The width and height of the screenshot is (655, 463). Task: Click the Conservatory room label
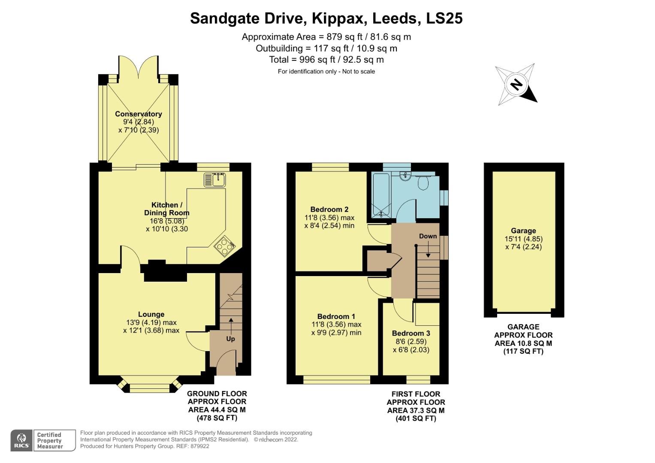click(x=138, y=114)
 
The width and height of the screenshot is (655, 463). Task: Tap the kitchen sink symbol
click(x=214, y=179)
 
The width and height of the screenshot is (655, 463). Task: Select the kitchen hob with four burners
click(x=224, y=246)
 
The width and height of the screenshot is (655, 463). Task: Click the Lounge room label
click(x=151, y=314)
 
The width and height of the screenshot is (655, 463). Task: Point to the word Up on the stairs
click(x=230, y=339)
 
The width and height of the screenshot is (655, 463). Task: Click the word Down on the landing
click(x=428, y=236)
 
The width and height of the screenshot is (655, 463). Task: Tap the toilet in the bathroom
click(x=423, y=183)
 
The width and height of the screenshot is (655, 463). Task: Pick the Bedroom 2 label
click(x=329, y=209)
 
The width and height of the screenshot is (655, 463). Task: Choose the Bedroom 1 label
click(x=336, y=316)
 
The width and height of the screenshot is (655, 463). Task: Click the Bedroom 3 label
click(x=411, y=333)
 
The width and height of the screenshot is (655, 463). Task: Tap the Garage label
click(x=523, y=231)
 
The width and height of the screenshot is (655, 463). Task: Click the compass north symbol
click(x=516, y=84)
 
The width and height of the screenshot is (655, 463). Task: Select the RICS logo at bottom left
click(x=21, y=440)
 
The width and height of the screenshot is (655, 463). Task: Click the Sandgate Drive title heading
click(x=326, y=18)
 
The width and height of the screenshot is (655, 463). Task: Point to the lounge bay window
click(x=149, y=388)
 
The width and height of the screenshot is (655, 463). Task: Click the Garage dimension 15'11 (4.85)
click(x=523, y=239)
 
